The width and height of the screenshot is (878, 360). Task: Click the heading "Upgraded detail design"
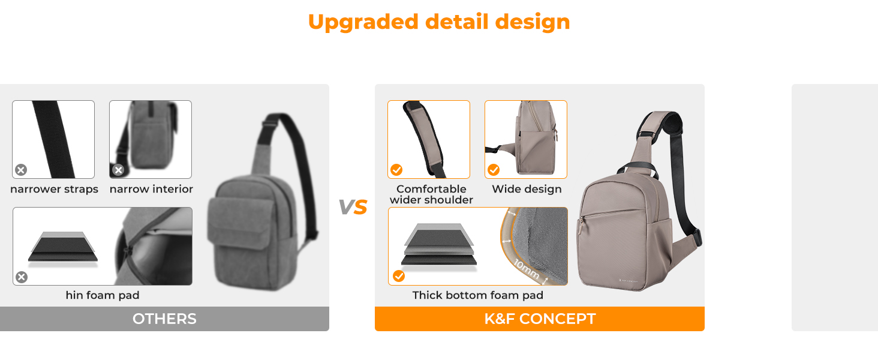[438, 22]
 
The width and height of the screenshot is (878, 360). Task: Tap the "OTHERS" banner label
[164, 319]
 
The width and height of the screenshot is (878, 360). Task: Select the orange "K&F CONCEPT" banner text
[540, 319]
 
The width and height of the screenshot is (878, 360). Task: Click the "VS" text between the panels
[353, 207]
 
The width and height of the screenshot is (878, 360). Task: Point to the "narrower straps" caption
[54, 189]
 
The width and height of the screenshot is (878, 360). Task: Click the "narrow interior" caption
[151, 189]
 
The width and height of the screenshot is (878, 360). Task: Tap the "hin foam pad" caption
[103, 295]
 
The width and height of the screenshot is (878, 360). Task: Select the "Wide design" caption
[527, 189]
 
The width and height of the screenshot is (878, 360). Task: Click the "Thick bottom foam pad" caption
[477, 295]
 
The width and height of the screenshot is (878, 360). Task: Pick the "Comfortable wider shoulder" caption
[431, 194]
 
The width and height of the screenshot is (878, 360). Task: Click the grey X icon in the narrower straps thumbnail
[21, 170]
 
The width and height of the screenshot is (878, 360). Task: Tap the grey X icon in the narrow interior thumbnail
[118, 170]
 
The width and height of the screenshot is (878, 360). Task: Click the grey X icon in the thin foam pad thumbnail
[22, 277]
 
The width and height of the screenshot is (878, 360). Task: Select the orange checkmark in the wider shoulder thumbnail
[396, 170]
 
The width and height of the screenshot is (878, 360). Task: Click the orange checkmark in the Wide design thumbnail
[494, 170]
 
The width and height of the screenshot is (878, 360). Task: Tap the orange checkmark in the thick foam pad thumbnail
[399, 276]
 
